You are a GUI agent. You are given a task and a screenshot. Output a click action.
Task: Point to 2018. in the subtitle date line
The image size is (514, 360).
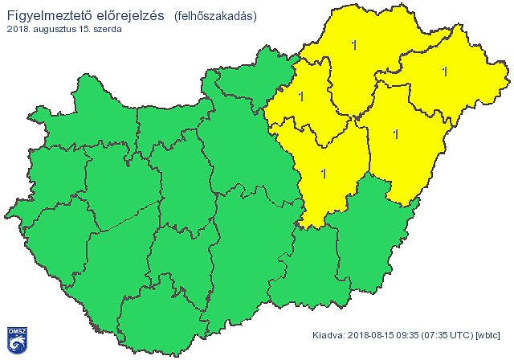coord(18,29)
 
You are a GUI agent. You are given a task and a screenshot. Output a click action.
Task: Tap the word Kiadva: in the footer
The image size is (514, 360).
coord(327,334)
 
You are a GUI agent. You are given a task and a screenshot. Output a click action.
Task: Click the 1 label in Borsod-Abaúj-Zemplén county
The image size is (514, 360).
coord(354,45)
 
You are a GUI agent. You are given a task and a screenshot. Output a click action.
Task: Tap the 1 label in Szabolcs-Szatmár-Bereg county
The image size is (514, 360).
coord(444,72)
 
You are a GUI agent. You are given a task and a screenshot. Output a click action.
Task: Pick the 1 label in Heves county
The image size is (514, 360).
coord(301,96)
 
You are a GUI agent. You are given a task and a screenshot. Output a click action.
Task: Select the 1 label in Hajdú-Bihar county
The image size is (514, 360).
coord(395,133)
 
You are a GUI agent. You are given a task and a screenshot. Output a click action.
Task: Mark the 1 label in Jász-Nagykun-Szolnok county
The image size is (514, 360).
coord(323,173)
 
